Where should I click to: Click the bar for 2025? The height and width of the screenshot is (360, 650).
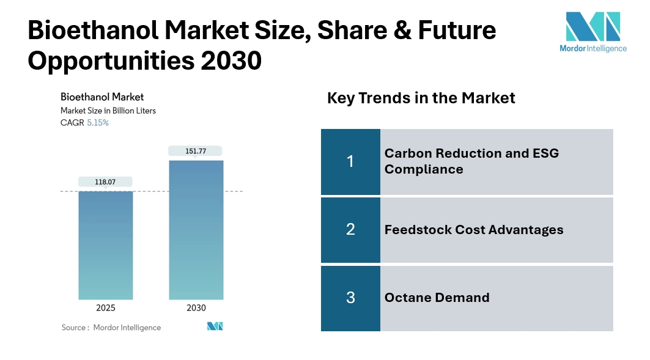[x=105, y=244]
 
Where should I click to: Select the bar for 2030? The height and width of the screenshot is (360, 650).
[x=196, y=229]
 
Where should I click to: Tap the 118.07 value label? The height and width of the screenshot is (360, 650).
[x=105, y=182]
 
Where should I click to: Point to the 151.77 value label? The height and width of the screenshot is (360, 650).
[x=196, y=151]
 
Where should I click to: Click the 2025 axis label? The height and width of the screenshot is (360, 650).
[x=105, y=308]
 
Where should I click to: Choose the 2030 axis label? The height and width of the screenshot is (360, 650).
[x=196, y=308]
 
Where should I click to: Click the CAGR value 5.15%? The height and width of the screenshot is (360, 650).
[x=98, y=123]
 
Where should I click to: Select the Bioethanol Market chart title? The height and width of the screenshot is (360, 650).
[x=102, y=97]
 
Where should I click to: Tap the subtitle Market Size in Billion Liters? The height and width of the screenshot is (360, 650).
[x=108, y=111]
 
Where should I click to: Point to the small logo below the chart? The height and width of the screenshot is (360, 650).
[x=215, y=326]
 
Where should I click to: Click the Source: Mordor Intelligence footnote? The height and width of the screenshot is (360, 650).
[x=111, y=328]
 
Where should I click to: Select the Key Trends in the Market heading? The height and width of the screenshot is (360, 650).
[x=421, y=98]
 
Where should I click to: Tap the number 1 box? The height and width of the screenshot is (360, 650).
[x=350, y=161]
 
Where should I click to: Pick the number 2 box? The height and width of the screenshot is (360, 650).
[x=350, y=230]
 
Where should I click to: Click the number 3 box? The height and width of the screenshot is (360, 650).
[x=350, y=298]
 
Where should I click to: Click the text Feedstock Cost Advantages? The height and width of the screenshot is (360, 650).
[x=474, y=230]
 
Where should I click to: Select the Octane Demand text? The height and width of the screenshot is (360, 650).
[x=437, y=298]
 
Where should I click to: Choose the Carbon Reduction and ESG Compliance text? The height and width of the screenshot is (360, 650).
[x=471, y=161]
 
